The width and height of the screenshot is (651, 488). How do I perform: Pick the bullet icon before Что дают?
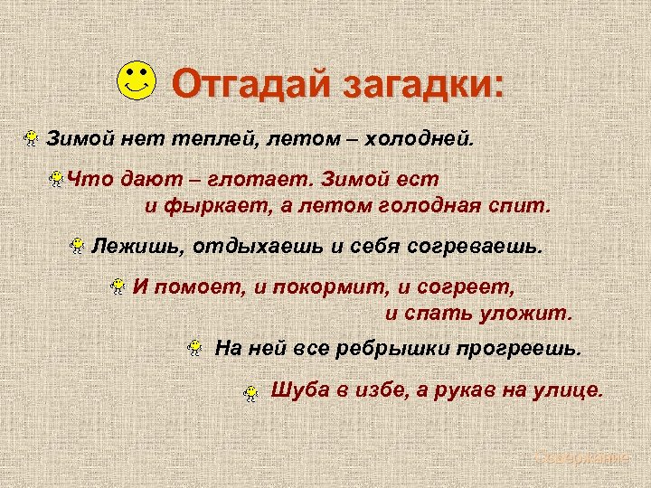(57, 180)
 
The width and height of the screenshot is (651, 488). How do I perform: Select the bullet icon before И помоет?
(117, 287)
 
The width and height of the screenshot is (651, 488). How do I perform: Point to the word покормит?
(328, 287)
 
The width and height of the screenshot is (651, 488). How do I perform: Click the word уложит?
(533, 314)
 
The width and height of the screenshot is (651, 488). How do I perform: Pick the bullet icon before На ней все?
(194, 347)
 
